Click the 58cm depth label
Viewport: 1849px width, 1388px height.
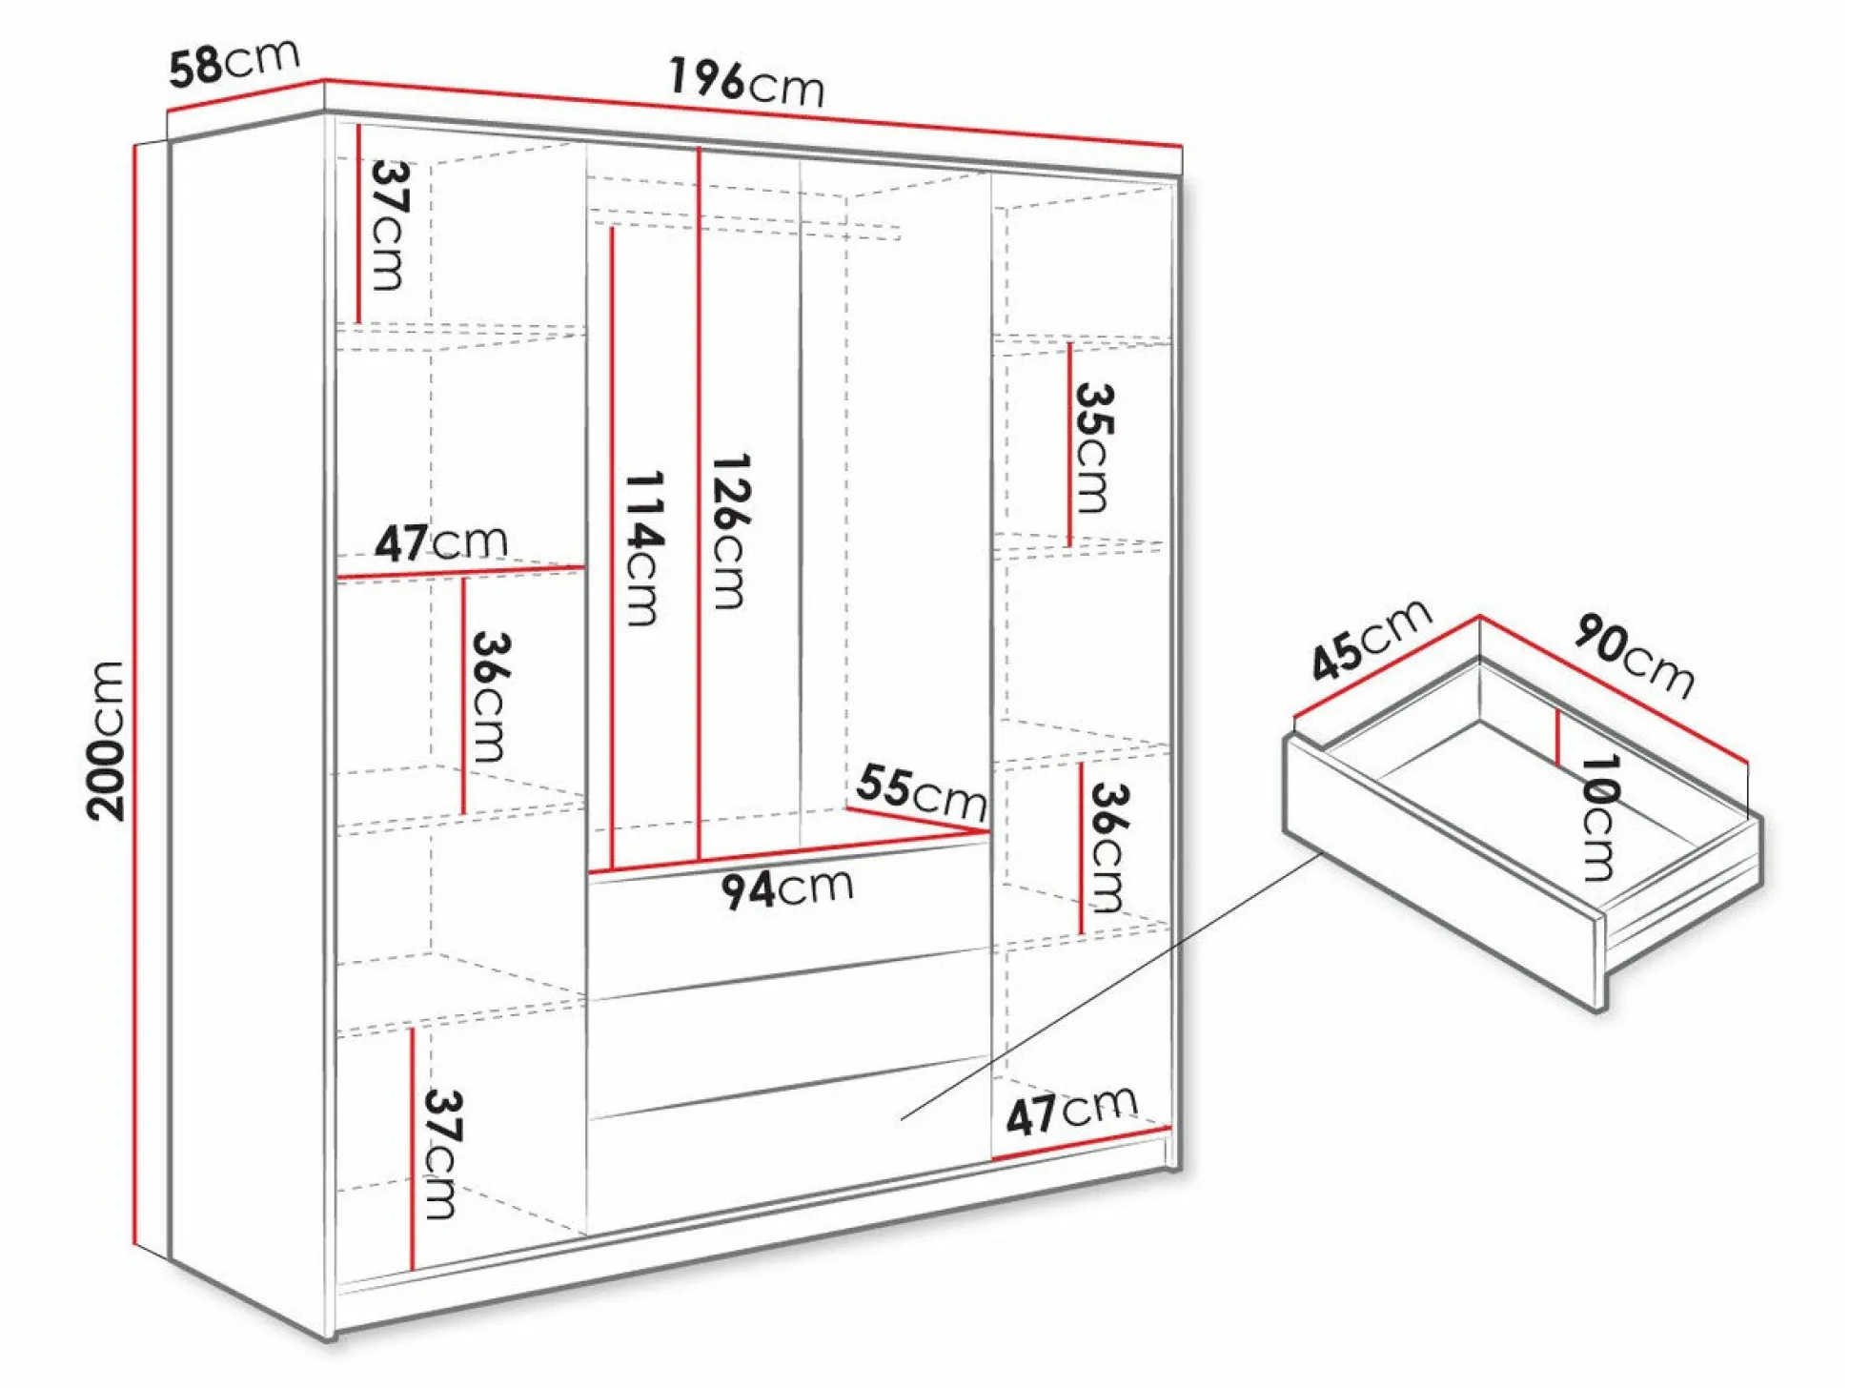[x=234, y=62]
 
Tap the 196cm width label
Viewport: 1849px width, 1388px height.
[x=745, y=81]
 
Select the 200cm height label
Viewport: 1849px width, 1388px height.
[x=106, y=741]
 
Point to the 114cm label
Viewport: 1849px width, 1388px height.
[x=643, y=548]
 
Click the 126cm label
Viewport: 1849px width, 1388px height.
[x=731, y=531]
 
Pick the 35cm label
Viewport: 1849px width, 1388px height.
[x=1094, y=448]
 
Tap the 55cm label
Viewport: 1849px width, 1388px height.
[x=921, y=791]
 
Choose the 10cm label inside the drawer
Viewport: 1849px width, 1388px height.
[x=1599, y=818]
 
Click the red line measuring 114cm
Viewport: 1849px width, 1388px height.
[x=612, y=548]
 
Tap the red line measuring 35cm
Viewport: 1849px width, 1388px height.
[x=1070, y=444]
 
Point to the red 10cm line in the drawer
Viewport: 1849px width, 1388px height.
[x=1557, y=738]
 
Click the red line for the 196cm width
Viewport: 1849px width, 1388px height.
[x=753, y=113]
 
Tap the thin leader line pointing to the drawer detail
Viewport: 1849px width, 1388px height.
[x=1111, y=986]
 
